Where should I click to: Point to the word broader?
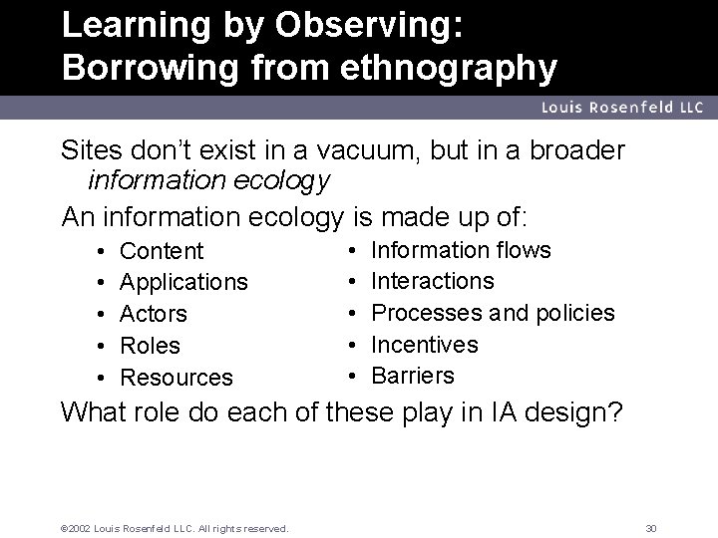pos(575,150)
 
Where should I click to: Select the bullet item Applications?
pos(183,283)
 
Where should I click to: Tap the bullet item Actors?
pos(154,314)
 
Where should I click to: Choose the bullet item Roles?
pos(151,346)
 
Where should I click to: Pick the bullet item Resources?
pos(177,378)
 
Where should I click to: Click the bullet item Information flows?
pos(461,249)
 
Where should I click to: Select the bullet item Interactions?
pos(432,281)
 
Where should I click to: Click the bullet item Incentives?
pos(425,345)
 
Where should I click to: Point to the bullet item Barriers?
pos(413,376)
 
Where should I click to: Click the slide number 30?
pos(652,527)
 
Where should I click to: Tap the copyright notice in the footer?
pos(176,527)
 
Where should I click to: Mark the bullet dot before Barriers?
pos(355,376)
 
